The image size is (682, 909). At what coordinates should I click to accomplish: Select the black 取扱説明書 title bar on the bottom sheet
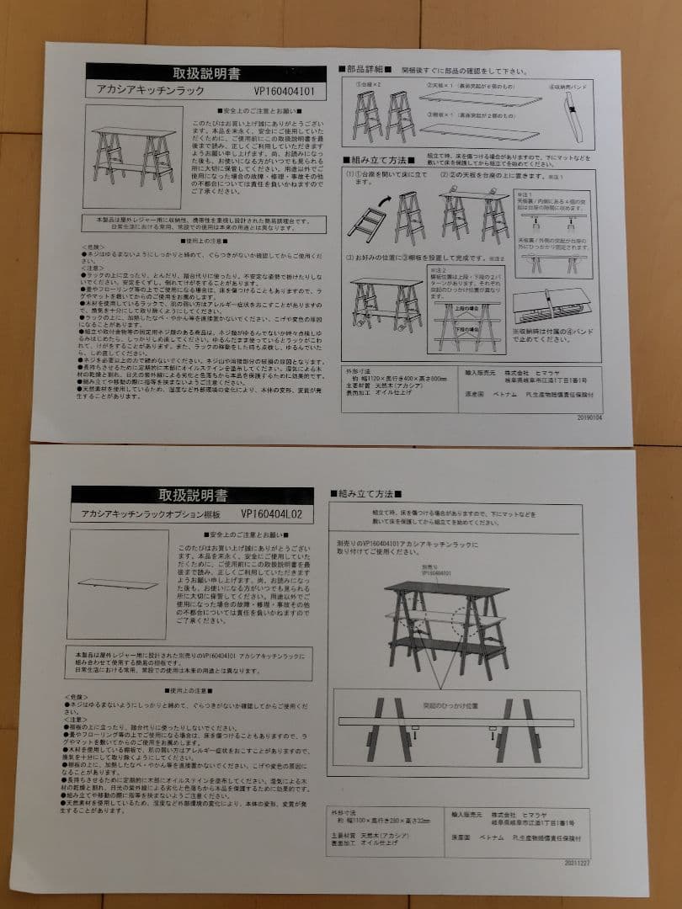point(192,494)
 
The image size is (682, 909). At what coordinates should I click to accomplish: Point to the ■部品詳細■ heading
point(363,69)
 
